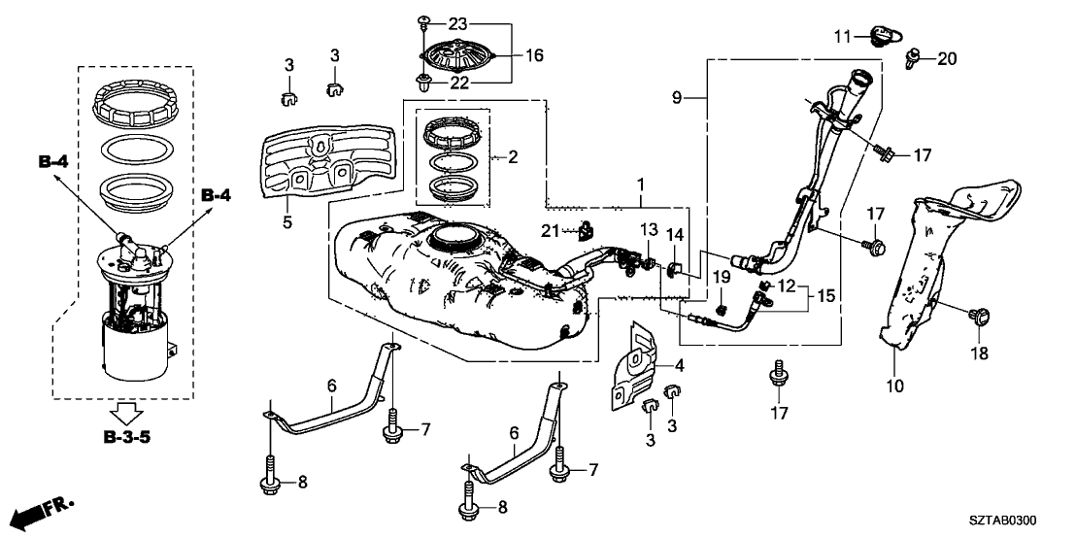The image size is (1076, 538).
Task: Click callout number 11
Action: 842,36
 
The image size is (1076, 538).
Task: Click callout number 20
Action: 947,59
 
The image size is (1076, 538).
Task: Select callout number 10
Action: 894,386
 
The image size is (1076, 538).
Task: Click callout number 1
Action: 640,184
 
